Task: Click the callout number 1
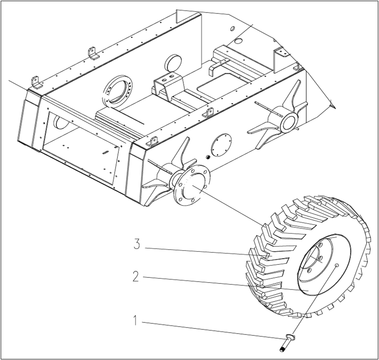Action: [x=135, y=320]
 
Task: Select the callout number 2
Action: [x=135, y=277]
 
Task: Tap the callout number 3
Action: [x=137, y=245]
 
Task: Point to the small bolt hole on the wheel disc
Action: [x=336, y=265]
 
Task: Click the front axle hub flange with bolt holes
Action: [x=191, y=186]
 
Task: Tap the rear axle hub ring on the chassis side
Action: [x=288, y=122]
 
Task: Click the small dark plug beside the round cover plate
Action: [x=207, y=157]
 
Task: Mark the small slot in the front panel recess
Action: [x=106, y=152]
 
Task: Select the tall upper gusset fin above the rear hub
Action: [x=291, y=95]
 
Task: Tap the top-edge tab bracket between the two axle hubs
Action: [x=209, y=113]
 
